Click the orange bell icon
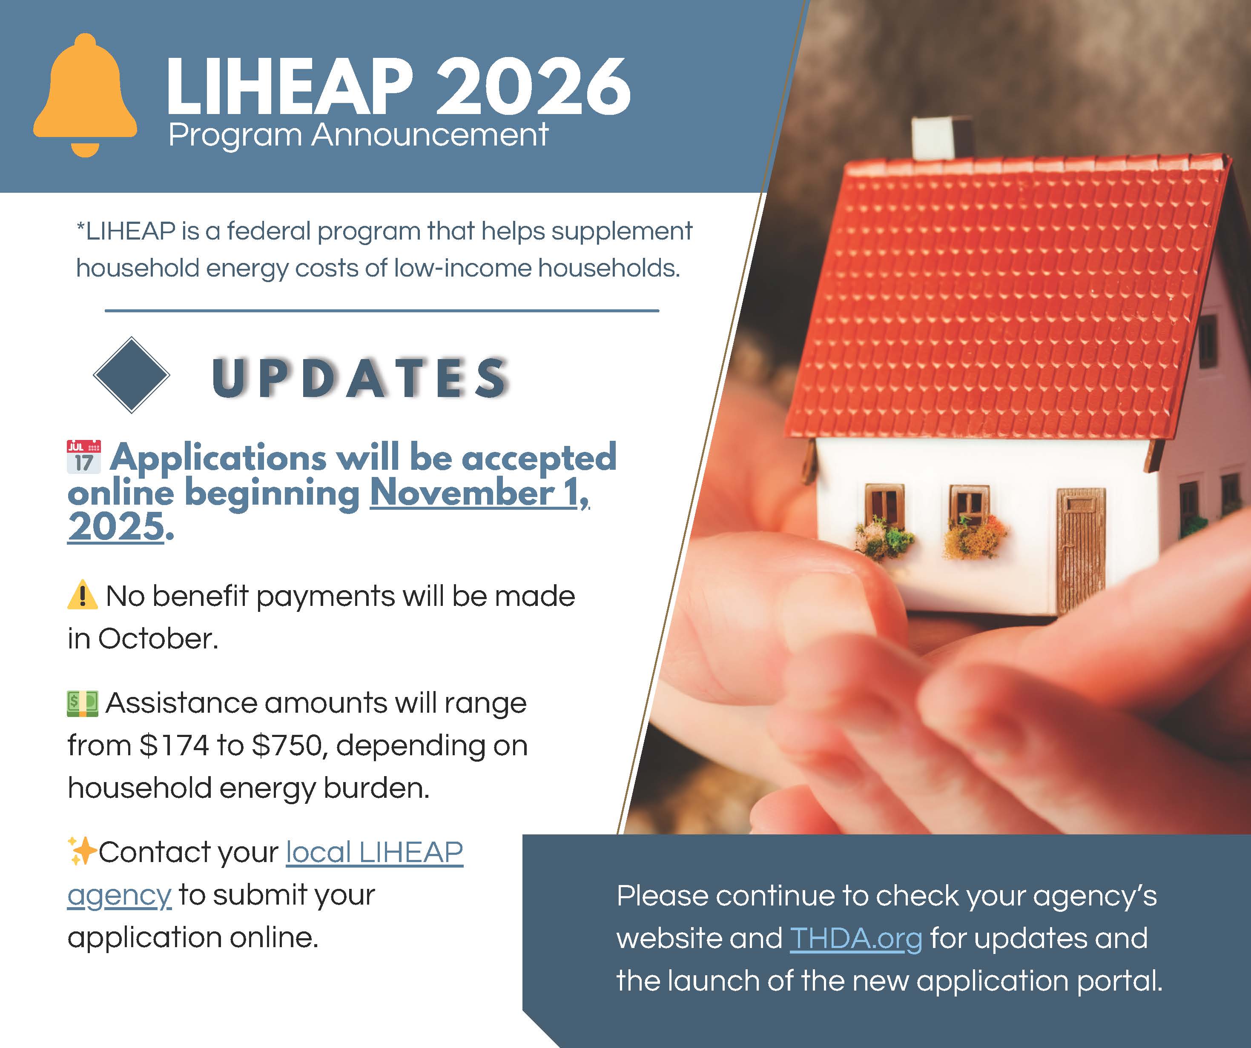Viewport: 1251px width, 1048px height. point(85,95)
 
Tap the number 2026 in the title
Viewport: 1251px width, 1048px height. point(533,86)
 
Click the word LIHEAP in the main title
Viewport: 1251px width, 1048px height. point(290,86)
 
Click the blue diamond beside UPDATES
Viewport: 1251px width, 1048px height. point(132,375)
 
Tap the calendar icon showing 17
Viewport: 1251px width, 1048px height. point(83,457)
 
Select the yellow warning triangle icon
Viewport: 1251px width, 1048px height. point(82,595)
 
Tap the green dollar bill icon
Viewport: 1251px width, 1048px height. point(82,703)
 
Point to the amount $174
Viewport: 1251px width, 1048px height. point(174,745)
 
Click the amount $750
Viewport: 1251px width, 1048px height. point(290,745)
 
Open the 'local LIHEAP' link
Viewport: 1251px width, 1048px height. point(375,852)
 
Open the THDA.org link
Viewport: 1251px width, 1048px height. point(856,939)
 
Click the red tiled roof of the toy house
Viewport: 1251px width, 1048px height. point(1007,298)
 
